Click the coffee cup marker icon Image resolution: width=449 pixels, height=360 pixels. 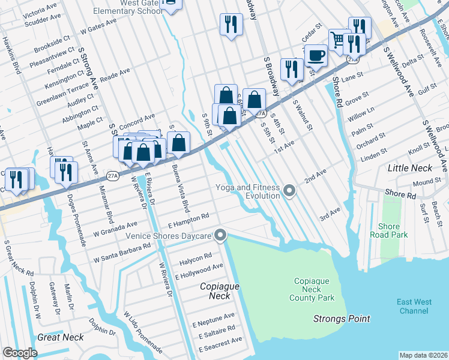(x=316, y=56)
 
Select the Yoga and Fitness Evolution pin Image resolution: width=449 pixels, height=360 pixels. (x=290, y=191)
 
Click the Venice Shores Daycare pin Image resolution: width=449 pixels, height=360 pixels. (x=220, y=235)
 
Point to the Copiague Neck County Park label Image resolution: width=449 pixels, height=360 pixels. (x=314, y=289)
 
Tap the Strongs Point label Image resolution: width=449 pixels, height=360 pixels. (x=342, y=319)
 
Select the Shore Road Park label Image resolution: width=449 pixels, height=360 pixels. (x=389, y=230)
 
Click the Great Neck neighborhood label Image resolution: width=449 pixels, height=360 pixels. (x=61, y=337)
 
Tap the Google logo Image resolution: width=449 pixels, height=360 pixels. (x=20, y=353)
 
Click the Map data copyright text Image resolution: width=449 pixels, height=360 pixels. (x=423, y=355)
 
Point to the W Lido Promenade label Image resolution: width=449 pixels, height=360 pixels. (x=143, y=331)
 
